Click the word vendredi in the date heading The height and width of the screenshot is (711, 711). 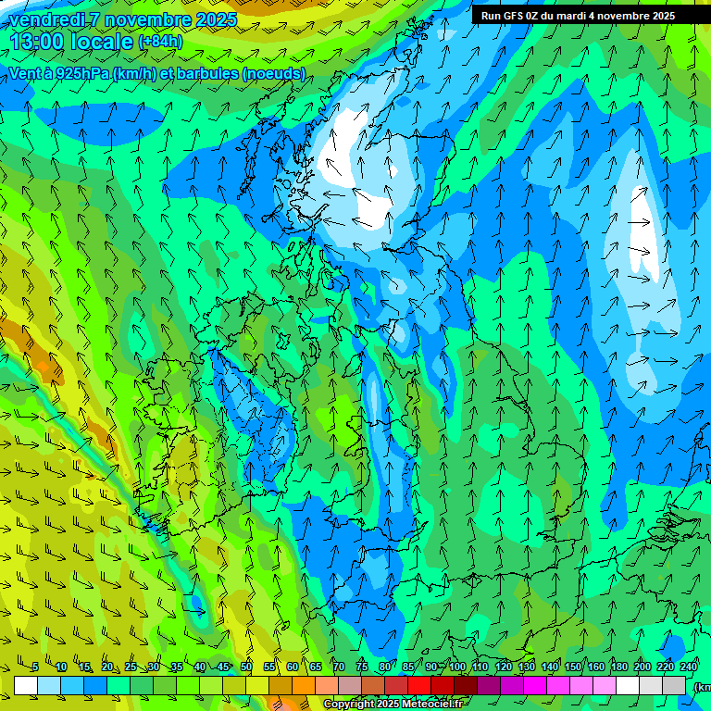pos(44,19)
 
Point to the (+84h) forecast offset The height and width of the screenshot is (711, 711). pos(160,42)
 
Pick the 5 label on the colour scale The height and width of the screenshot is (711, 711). pos(35,667)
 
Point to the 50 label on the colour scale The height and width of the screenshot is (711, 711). pos(246,667)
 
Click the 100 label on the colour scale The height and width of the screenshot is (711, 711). pos(457,667)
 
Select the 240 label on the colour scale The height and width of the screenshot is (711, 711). pos(689,667)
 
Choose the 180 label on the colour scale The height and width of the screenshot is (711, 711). pos(619,667)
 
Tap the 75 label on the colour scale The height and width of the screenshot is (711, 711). pos(362,667)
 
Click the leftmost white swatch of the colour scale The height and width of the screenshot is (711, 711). pos(26,685)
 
